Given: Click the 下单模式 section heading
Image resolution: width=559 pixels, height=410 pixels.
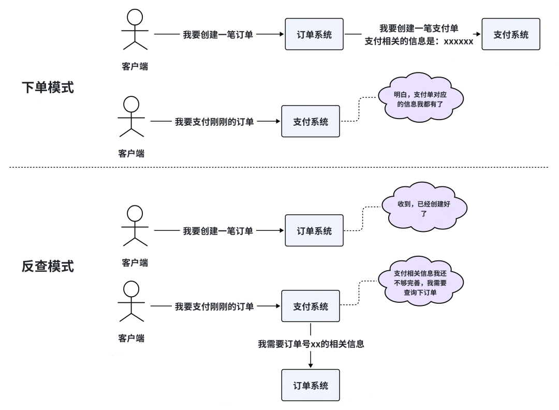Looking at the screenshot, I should click(x=48, y=87).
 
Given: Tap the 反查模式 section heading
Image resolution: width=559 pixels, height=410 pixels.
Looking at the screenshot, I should click(x=48, y=266).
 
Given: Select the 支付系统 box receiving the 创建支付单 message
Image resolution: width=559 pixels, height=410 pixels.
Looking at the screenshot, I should click(x=510, y=35).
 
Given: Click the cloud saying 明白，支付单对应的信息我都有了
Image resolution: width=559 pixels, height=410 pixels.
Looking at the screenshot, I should click(x=420, y=99).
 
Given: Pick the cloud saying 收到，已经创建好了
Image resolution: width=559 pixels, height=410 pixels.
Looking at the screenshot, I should click(x=424, y=208).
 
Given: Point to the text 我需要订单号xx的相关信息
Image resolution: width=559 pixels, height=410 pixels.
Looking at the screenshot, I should click(x=311, y=343).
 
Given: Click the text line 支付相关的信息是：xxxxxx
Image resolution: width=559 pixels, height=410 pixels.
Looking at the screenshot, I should click(x=419, y=41).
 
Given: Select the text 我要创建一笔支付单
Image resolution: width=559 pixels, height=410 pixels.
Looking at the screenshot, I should click(x=419, y=28).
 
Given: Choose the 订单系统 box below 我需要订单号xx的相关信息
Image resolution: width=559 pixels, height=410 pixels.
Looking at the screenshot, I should click(x=311, y=385).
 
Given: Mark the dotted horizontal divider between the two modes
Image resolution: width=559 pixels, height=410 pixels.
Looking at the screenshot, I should click(x=279, y=167).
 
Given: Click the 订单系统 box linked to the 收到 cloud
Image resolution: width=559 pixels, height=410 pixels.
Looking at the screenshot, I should click(x=314, y=230).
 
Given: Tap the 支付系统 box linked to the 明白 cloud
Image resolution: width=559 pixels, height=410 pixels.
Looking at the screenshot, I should click(x=311, y=122).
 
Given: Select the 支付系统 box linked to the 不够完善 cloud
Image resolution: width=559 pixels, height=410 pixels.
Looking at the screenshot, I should click(x=311, y=306).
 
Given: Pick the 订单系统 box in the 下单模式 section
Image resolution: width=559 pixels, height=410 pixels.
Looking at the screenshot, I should click(x=314, y=35).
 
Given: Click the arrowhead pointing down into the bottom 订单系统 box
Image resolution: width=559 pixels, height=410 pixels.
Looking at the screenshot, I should click(x=311, y=366).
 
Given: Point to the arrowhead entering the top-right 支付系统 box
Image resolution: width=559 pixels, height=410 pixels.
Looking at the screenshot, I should click(x=479, y=35).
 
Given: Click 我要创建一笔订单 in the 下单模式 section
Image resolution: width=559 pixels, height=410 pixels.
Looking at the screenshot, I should click(x=218, y=35).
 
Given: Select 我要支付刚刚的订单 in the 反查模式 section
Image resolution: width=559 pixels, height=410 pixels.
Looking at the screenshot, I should click(x=214, y=306).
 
